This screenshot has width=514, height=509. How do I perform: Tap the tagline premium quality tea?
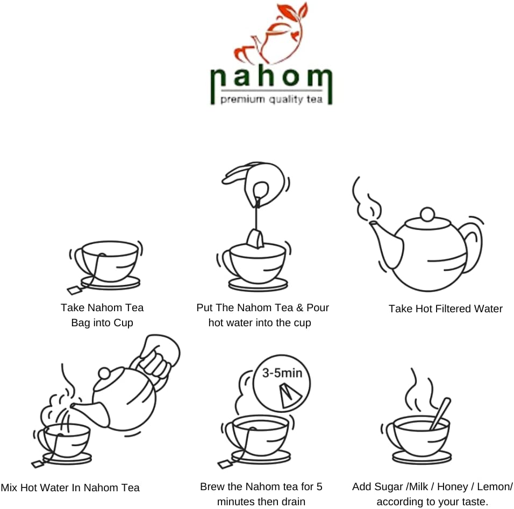pyautogui.click(x=272, y=100)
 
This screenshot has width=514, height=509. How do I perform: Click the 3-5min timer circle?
pyautogui.click(x=280, y=387)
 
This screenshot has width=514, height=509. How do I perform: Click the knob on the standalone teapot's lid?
pyautogui.click(x=426, y=214)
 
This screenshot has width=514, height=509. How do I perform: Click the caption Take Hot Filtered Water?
pyautogui.click(x=445, y=309)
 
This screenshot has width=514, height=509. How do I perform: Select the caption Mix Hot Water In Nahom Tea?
pyautogui.click(x=70, y=488)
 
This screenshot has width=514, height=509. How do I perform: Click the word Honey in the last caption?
pyautogui.click(x=452, y=487)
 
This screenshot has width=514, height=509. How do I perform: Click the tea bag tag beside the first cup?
pyautogui.click(x=75, y=291)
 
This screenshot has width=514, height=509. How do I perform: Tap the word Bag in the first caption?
pyautogui.click(x=81, y=323)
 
